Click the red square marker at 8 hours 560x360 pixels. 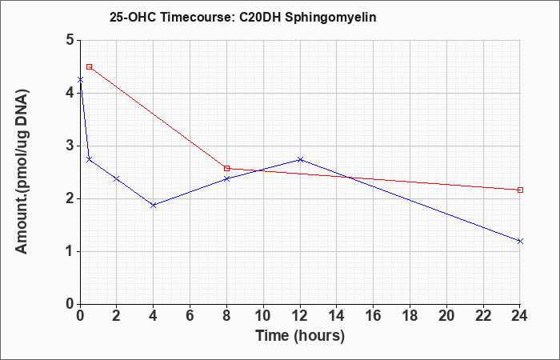point(226,168)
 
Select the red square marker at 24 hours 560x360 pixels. point(520,190)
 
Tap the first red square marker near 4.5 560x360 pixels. point(90,66)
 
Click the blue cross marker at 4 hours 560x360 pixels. point(154,205)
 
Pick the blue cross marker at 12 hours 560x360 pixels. point(300,159)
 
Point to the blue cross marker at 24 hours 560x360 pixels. point(520,241)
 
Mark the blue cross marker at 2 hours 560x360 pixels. point(117,178)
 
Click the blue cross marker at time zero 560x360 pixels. point(80,80)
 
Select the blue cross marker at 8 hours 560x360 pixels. point(226,178)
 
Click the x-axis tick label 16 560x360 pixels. point(374,316)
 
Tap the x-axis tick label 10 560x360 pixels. point(263,316)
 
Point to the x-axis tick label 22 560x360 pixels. point(483,316)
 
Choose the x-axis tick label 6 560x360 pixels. point(190,316)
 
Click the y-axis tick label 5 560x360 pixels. point(70,40)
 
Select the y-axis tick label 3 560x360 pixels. point(70,146)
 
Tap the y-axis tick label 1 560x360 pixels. point(70,252)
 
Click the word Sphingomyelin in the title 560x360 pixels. point(330,18)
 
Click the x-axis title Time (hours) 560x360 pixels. point(300,336)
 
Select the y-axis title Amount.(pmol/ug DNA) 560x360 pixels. point(22,171)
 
